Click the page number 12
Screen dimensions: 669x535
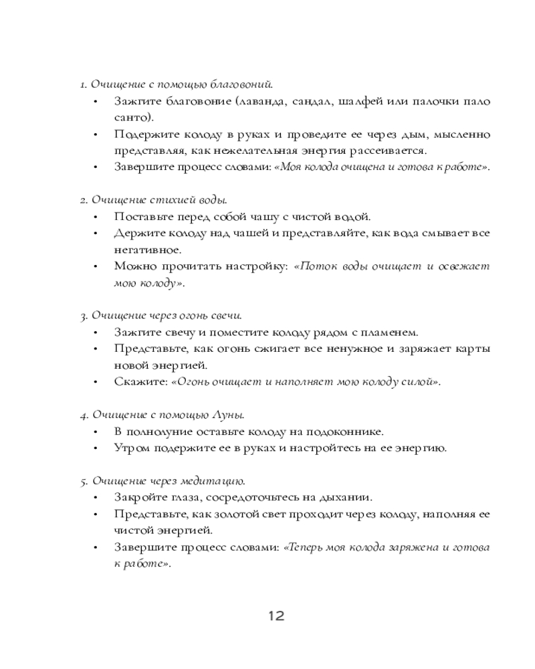tap(276, 615)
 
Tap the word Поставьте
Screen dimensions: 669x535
tap(141, 217)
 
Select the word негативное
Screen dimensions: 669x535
tap(138, 250)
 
